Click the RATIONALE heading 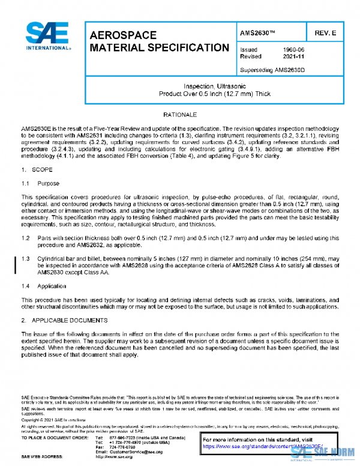180,114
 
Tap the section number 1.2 26,238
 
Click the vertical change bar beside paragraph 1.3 16,264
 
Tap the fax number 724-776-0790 124,446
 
